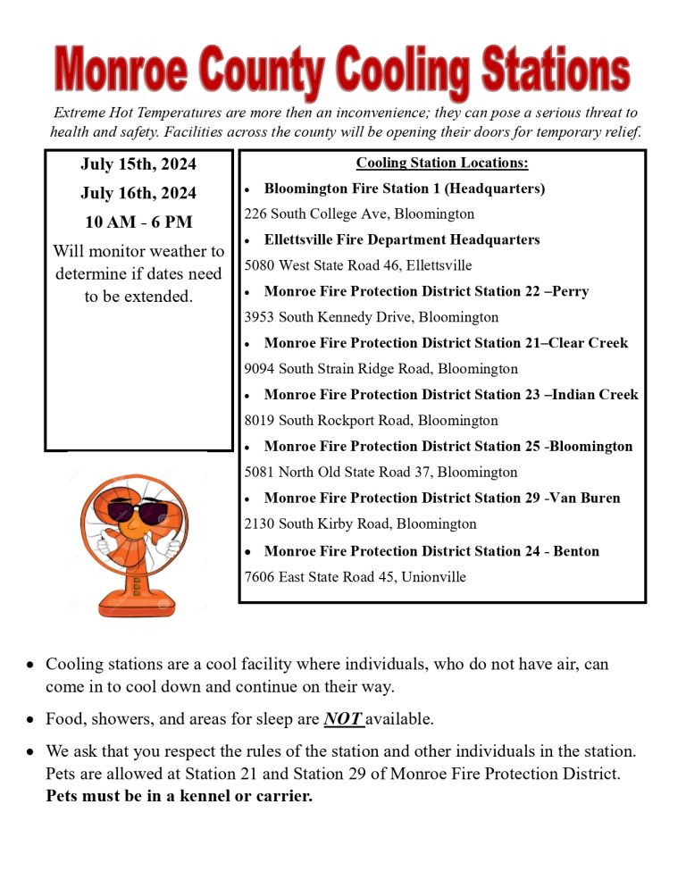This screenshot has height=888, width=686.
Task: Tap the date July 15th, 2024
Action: [x=138, y=164]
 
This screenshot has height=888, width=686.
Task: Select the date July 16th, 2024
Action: [x=138, y=193]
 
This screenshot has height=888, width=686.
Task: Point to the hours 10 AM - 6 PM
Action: [x=138, y=222]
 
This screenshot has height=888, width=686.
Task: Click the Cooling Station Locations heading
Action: [x=442, y=163]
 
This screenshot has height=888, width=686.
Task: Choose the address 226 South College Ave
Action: [x=317, y=214]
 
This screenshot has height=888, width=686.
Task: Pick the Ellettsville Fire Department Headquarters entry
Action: [x=402, y=239]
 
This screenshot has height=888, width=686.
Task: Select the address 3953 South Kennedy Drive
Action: [x=330, y=317]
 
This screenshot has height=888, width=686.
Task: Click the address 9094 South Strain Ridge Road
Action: [x=339, y=369]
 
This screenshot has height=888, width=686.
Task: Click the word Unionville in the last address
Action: [x=433, y=577]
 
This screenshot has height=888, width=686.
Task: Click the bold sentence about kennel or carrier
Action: [x=179, y=796]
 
